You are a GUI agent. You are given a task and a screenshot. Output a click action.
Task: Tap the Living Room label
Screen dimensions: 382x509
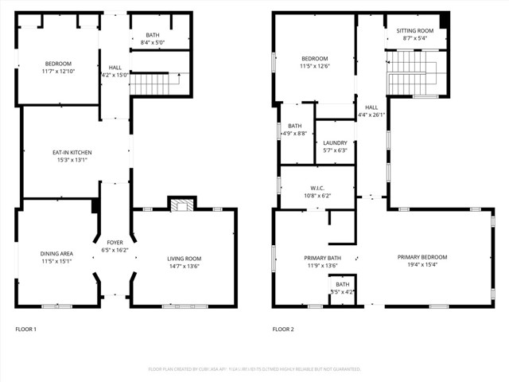pyautogui.click(x=184, y=258)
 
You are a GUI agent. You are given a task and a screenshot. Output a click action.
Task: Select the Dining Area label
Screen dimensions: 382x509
pyautogui.click(x=56, y=253)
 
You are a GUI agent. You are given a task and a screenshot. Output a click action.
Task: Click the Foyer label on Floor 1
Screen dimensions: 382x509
pyautogui.click(x=115, y=242)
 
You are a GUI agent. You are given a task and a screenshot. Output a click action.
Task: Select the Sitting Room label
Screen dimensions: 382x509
pyautogui.click(x=416, y=30)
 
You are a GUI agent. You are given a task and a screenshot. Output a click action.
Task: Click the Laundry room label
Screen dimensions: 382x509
pyautogui.click(x=335, y=143)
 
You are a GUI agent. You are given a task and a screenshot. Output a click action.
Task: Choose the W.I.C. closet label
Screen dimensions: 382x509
pyautogui.click(x=317, y=188)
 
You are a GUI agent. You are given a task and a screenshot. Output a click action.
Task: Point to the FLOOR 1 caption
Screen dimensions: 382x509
pyautogui.click(x=25, y=329)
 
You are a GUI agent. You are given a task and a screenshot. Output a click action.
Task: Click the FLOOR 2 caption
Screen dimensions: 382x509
pyautogui.click(x=283, y=329)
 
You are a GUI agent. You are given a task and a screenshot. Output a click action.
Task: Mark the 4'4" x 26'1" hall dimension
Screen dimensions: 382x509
pyautogui.click(x=372, y=115)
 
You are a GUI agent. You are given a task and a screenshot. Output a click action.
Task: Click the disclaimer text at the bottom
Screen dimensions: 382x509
pyautogui.click(x=254, y=369)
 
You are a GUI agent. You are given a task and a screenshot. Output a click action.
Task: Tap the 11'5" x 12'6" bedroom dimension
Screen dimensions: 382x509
pyautogui.click(x=314, y=66)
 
